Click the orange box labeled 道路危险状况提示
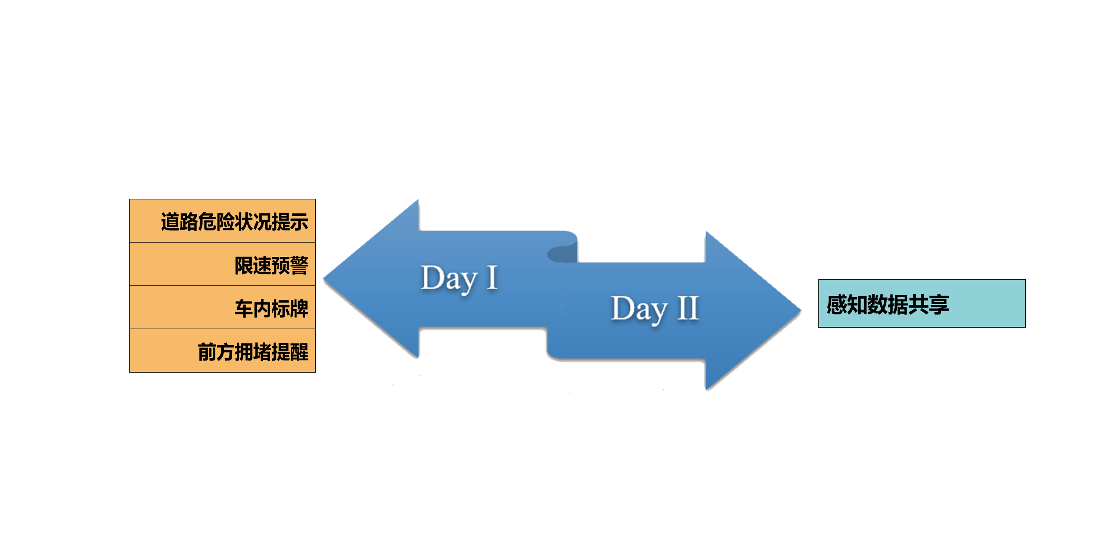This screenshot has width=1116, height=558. click(x=223, y=221)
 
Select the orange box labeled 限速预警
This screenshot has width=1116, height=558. click(x=223, y=264)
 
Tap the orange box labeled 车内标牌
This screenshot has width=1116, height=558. click(x=223, y=307)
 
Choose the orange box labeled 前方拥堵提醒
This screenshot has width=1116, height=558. click(x=223, y=351)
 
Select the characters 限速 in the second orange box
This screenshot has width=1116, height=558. click(x=253, y=265)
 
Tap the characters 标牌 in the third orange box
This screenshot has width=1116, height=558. click(x=290, y=309)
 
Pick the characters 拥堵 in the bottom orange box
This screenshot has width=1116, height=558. click(x=253, y=352)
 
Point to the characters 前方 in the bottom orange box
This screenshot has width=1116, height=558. click(x=216, y=352)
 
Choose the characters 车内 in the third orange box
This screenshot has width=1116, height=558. click(x=253, y=309)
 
